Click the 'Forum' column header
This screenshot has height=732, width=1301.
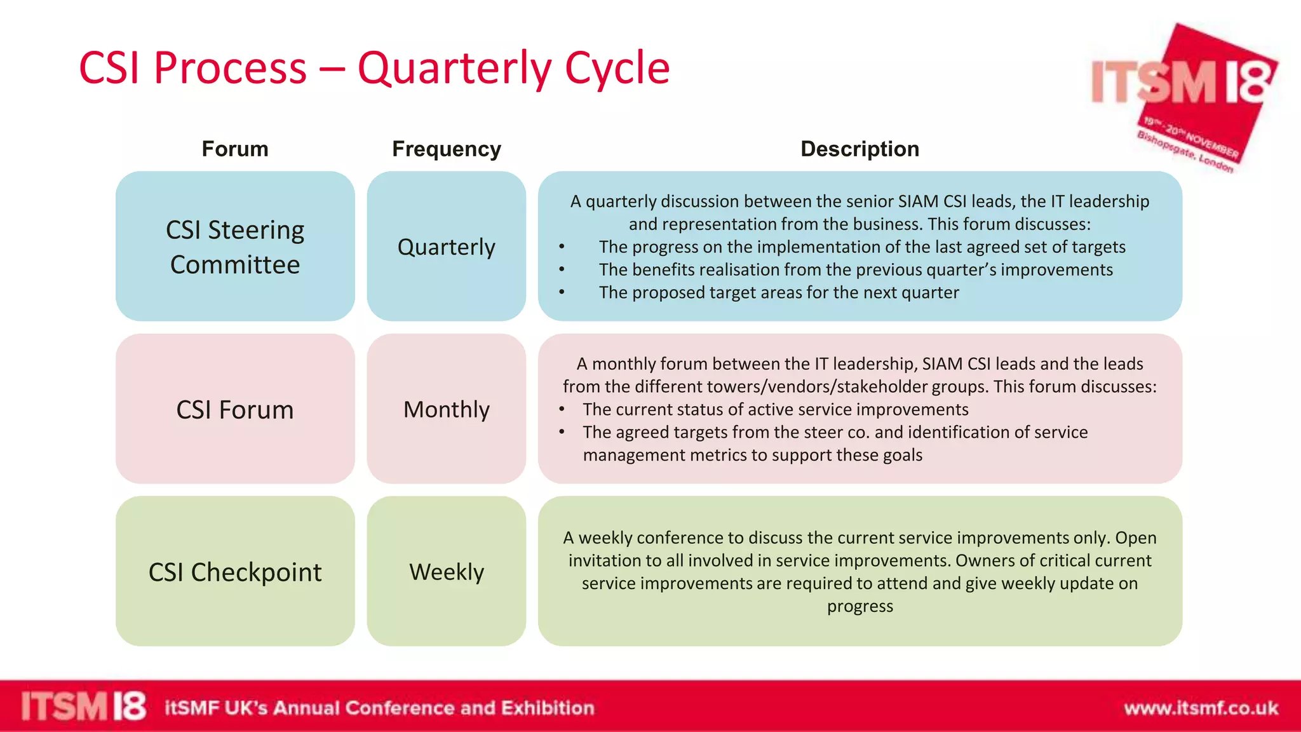click(235, 149)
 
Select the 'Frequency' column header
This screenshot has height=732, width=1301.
click(447, 149)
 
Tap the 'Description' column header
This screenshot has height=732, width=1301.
click(859, 149)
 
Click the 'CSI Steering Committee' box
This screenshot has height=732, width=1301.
click(235, 247)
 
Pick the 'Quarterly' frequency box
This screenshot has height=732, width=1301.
click(447, 247)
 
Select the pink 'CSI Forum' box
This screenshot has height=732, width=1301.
click(235, 409)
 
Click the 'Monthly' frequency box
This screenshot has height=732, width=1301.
click(447, 409)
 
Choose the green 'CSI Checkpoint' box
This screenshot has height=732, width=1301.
click(235, 572)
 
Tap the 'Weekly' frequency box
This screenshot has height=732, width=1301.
click(447, 572)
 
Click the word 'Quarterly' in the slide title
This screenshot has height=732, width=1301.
click(454, 69)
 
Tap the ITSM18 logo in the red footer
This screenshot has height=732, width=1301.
click(83, 707)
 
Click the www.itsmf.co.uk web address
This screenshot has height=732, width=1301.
click(1201, 708)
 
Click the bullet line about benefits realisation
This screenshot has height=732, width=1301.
click(855, 269)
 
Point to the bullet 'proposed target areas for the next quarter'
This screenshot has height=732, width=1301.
click(779, 292)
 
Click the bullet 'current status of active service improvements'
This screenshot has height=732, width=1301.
click(775, 409)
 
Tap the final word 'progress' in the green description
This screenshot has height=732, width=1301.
click(859, 606)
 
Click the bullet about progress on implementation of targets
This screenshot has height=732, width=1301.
click(861, 247)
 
